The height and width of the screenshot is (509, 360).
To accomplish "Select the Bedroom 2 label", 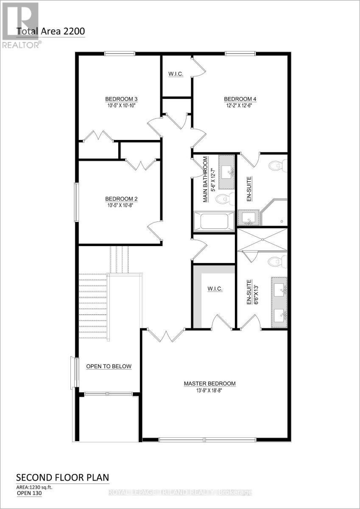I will [x=120, y=199].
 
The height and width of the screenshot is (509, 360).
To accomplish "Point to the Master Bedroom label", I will [x=209, y=383].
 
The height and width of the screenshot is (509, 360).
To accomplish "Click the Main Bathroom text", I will [x=205, y=179].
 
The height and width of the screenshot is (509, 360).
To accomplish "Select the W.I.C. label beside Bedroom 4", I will [x=176, y=75].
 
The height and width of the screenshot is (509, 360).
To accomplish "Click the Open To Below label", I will [x=109, y=366].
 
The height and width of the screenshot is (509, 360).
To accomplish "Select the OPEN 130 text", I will [x=30, y=493].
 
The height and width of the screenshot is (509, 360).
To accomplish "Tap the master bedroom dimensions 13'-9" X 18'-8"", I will [x=209, y=390].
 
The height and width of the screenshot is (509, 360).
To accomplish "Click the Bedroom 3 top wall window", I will [x=120, y=53].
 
